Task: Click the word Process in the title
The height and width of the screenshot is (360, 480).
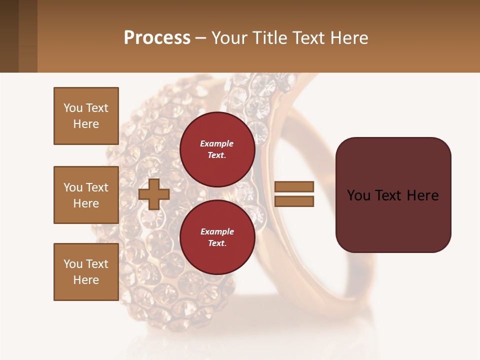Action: (x=157, y=38)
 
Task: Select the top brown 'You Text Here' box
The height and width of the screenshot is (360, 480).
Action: (x=86, y=116)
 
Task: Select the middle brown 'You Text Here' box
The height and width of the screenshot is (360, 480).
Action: (x=86, y=195)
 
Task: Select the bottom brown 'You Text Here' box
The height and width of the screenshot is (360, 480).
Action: (x=86, y=272)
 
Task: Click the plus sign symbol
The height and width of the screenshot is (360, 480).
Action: (x=153, y=194)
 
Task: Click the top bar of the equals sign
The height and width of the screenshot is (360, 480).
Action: (x=294, y=187)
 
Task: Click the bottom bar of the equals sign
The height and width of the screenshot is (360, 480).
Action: (x=294, y=201)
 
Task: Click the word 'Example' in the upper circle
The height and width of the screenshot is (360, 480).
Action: (x=217, y=143)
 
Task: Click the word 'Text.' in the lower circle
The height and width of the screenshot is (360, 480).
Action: (x=217, y=243)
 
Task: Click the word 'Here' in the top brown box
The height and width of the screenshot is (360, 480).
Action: (x=86, y=124)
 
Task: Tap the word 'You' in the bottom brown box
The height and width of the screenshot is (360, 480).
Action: (x=73, y=264)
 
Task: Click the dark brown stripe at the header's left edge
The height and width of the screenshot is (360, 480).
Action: (x=9, y=36)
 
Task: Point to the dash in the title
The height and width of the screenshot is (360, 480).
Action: (x=200, y=38)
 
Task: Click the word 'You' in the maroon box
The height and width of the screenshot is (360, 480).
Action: (x=358, y=195)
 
